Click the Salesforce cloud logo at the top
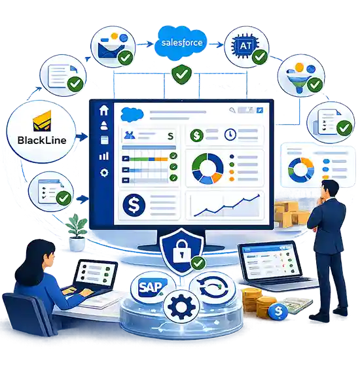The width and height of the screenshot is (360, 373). pos(181,43)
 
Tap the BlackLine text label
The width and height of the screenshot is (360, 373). pos(42,140)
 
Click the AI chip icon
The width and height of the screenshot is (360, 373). pos(245,46)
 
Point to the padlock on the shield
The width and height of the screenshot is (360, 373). pos(182,251)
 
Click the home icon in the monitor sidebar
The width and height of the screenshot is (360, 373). pos(104,110)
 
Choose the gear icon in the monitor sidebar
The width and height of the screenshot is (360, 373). pos(104,173)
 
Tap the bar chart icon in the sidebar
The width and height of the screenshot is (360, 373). pos(104,156)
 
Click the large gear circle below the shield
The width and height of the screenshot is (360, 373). pos(181,306)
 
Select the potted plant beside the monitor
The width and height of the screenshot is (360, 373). pos(77,232)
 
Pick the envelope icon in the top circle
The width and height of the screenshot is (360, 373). pos(111,50)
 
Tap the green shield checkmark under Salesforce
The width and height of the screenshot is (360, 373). pos(181,74)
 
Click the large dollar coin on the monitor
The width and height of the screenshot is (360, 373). pos(134,205)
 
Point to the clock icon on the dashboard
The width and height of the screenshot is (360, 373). pos(230,135)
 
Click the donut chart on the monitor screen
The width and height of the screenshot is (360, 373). pos(207,168)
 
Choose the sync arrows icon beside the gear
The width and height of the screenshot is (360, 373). pos(213,289)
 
